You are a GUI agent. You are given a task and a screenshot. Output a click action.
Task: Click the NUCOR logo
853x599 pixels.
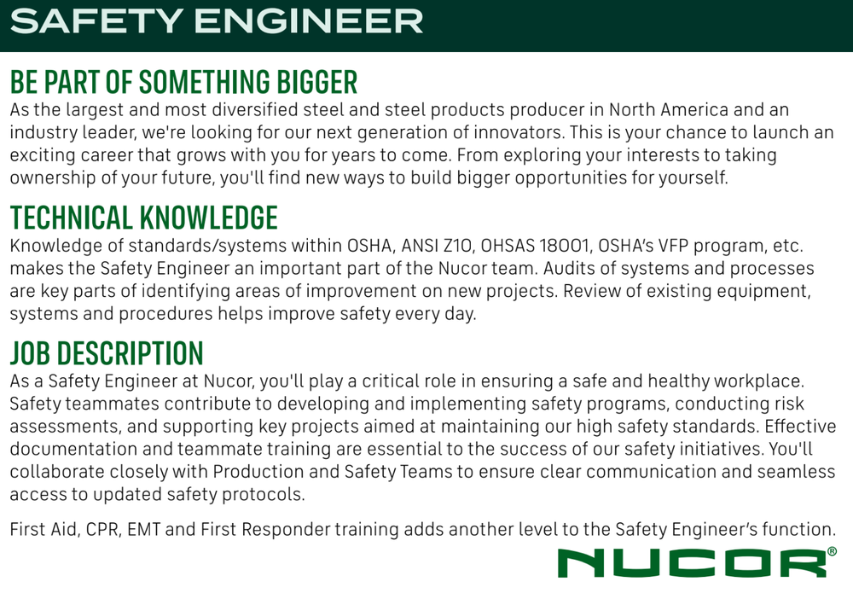pos(692,563)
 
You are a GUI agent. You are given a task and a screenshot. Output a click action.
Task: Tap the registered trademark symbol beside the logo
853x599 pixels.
pos(832,552)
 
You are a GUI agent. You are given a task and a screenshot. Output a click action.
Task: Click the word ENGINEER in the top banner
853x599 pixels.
pos(309,21)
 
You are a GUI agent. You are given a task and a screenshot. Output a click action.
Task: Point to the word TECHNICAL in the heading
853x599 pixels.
pos(72,218)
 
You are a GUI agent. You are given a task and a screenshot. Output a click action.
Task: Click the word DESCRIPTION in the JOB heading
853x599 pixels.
pos(130,353)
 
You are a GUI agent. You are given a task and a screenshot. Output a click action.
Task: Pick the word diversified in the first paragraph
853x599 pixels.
pos(254,110)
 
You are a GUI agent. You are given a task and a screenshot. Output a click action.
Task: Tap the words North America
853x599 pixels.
pos(668,110)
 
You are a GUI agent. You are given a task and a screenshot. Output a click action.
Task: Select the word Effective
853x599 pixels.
pos(800,427)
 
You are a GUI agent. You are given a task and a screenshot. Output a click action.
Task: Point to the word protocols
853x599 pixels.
pos(264,495)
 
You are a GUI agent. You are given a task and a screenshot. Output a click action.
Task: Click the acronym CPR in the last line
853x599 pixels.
pos(107,530)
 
